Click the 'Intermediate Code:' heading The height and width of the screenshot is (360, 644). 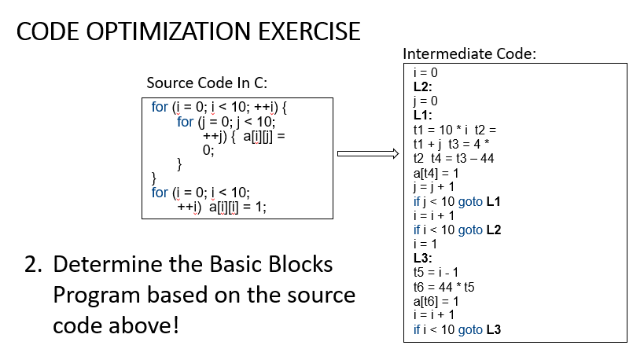coord(469,54)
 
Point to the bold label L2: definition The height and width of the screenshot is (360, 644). coord(423,86)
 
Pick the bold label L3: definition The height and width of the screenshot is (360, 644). coord(423,258)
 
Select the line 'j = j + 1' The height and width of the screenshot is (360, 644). coord(434,186)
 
